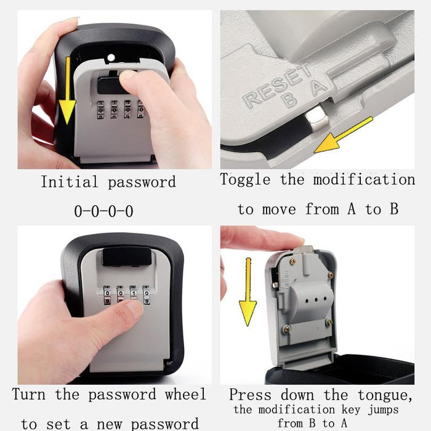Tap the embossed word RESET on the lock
(x=277, y=87)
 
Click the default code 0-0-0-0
(x=103, y=211)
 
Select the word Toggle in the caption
(x=246, y=180)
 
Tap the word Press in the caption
(x=249, y=395)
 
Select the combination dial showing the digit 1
(x=134, y=294)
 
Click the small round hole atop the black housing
(x=111, y=58)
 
